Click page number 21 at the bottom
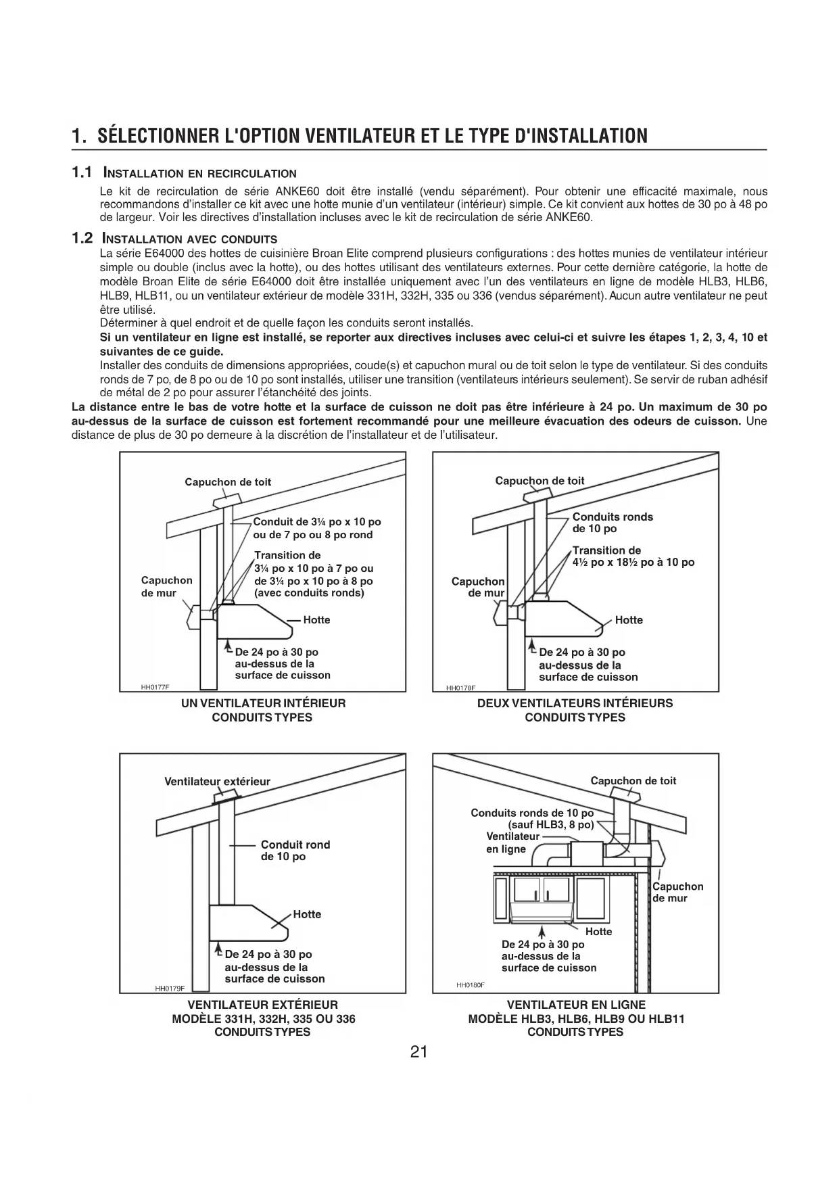(x=418, y=1052)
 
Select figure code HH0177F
(x=155, y=687)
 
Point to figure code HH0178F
(x=461, y=688)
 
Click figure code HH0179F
(x=170, y=988)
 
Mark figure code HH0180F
(x=471, y=985)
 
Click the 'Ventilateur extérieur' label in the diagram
(x=217, y=782)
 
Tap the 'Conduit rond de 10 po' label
(x=295, y=851)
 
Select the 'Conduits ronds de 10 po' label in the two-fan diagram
(x=613, y=523)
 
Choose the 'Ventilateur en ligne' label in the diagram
(x=512, y=843)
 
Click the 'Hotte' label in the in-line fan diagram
(x=598, y=931)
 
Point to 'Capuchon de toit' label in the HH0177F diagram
(x=228, y=482)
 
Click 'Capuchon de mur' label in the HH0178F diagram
(x=478, y=587)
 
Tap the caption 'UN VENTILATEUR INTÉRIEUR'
(x=263, y=703)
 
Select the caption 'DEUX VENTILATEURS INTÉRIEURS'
(x=575, y=703)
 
